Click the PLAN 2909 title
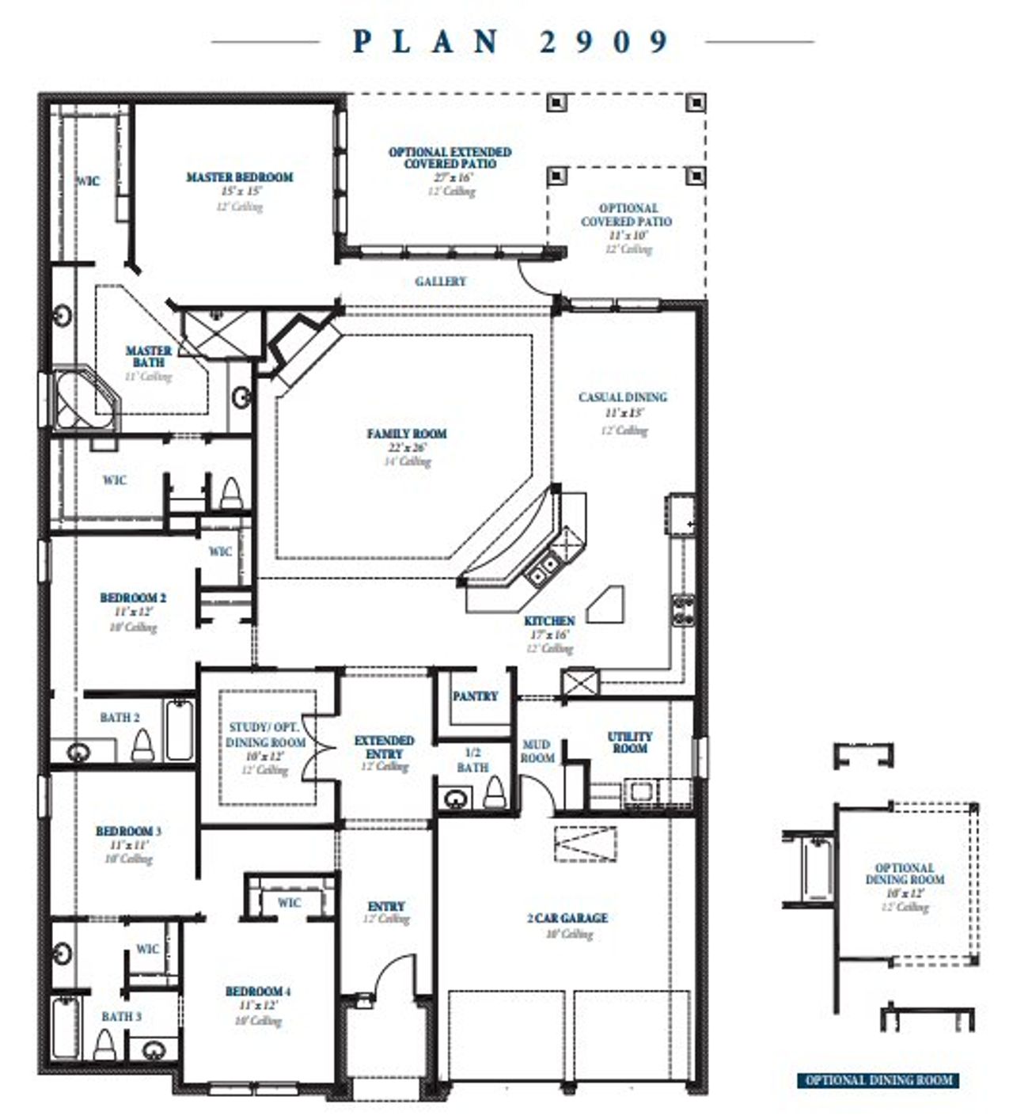coord(511,41)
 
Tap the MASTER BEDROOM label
coord(239,177)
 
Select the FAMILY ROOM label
coord(407,434)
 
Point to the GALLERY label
coord(441,281)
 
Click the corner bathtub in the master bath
coord(82,400)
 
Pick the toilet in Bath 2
coord(142,745)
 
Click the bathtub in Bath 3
coord(66,1026)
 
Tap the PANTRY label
coord(475,696)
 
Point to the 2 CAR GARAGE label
coord(567,918)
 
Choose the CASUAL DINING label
coord(623,397)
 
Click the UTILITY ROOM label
coord(630,742)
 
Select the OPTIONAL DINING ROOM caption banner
coord(878,1079)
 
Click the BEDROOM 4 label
coord(258,992)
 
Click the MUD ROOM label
coord(537,751)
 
